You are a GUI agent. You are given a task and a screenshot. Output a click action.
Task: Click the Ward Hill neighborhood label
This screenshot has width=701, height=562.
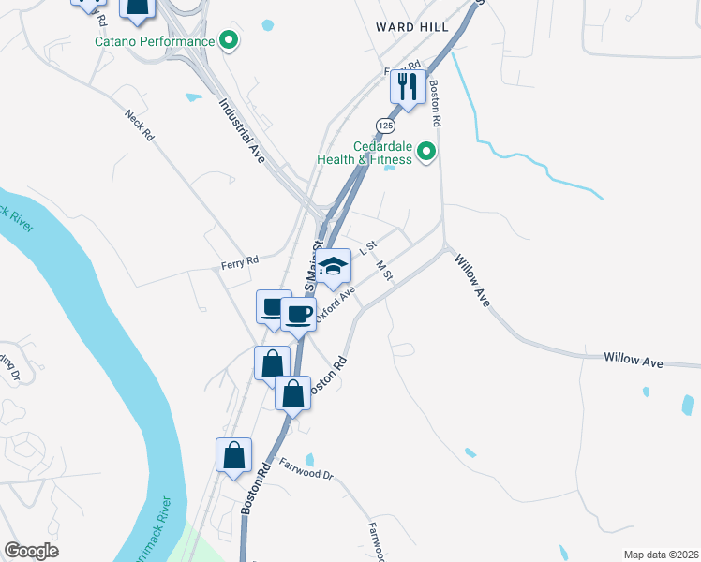point(412,27)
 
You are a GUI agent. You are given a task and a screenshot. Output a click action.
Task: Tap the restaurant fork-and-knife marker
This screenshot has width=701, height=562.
point(407,87)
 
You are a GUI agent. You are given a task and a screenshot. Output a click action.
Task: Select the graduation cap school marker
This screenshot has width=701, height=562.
point(333,266)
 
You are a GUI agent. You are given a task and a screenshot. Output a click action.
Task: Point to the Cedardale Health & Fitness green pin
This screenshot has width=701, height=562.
point(427,151)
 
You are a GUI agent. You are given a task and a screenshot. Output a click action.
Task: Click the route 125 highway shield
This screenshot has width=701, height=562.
point(385,125)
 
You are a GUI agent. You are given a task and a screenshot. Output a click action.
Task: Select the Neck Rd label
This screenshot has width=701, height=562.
point(139,124)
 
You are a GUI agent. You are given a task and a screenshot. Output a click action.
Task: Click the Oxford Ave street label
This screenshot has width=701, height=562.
point(336,304)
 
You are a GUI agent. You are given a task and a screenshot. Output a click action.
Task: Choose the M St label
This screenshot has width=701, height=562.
point(383,270)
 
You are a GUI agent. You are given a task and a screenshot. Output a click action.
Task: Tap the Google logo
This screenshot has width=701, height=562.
point(32,551)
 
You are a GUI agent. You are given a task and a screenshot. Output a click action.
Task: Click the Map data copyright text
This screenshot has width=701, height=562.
point(661,555)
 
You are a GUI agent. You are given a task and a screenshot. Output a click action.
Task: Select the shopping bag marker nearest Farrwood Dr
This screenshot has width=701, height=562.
point(233,456)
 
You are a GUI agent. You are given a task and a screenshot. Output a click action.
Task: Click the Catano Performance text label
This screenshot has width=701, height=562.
point(154,41)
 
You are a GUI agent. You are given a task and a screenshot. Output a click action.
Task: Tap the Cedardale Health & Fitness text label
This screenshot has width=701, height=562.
point(384,152)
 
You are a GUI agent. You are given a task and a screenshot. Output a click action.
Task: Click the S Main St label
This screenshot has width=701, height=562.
point(310,267)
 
